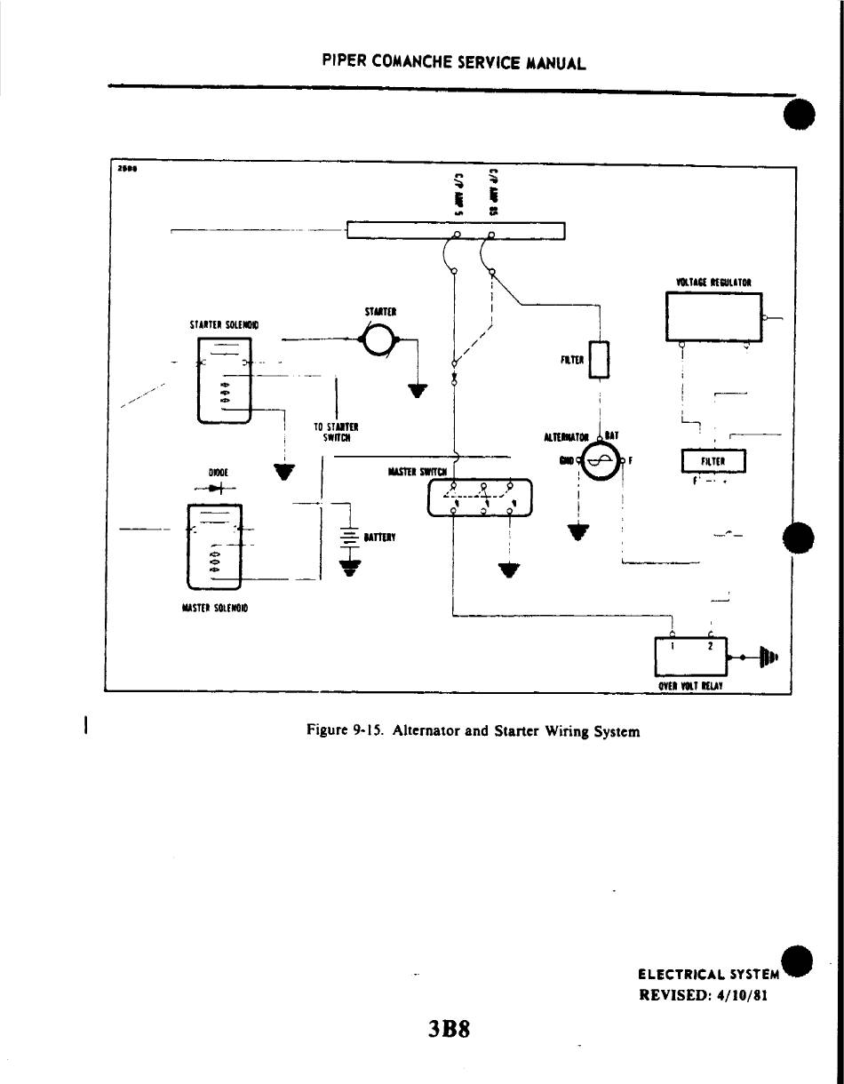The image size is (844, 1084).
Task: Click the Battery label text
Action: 379,538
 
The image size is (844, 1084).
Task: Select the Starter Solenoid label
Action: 224,325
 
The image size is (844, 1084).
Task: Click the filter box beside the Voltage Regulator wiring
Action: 713,461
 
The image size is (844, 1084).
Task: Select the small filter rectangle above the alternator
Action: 600,359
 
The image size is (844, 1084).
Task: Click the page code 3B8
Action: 448,1029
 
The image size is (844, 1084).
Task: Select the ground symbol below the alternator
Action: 578,532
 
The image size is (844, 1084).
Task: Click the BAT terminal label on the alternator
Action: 612,435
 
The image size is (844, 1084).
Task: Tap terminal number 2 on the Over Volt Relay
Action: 710,646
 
